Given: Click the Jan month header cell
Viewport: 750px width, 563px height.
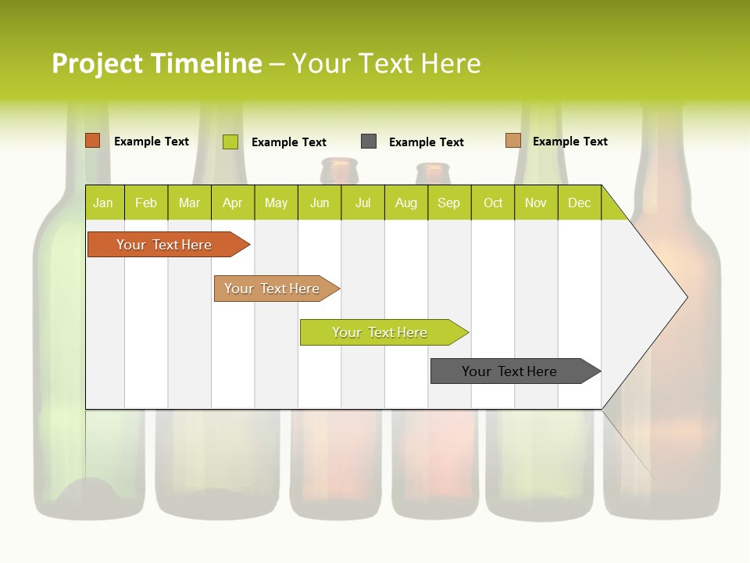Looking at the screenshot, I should click(x=103, y=203).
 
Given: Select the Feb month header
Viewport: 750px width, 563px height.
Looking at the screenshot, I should click(x=146, y=203).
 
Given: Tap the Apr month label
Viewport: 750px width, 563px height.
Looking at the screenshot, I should click(x=232, y=203).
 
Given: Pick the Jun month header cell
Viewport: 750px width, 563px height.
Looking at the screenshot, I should click(x=320, y=203).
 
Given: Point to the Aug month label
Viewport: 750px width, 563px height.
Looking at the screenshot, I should click(x=405, y=203).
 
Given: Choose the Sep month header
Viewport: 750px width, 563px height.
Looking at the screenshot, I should click(x=448, y=203).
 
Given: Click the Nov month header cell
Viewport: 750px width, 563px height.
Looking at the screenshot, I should click(x=535, y=203).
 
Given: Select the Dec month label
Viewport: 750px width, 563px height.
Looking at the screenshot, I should click(x=579, y=203).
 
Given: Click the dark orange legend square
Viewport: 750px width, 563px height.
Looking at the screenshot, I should click(x=93, y=141).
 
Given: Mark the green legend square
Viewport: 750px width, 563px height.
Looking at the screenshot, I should click(x=230, y=142).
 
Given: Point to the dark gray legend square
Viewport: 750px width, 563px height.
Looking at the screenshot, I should click(x=369, y=142).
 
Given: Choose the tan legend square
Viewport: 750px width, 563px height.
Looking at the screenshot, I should click(x=512, y=141).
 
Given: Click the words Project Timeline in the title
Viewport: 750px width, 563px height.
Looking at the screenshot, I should click(x=157, y=63).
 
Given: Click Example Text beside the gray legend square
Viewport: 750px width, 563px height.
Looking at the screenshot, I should click(x=426, y=142).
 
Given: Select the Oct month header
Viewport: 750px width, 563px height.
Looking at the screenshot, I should click(x=493, y=203).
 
